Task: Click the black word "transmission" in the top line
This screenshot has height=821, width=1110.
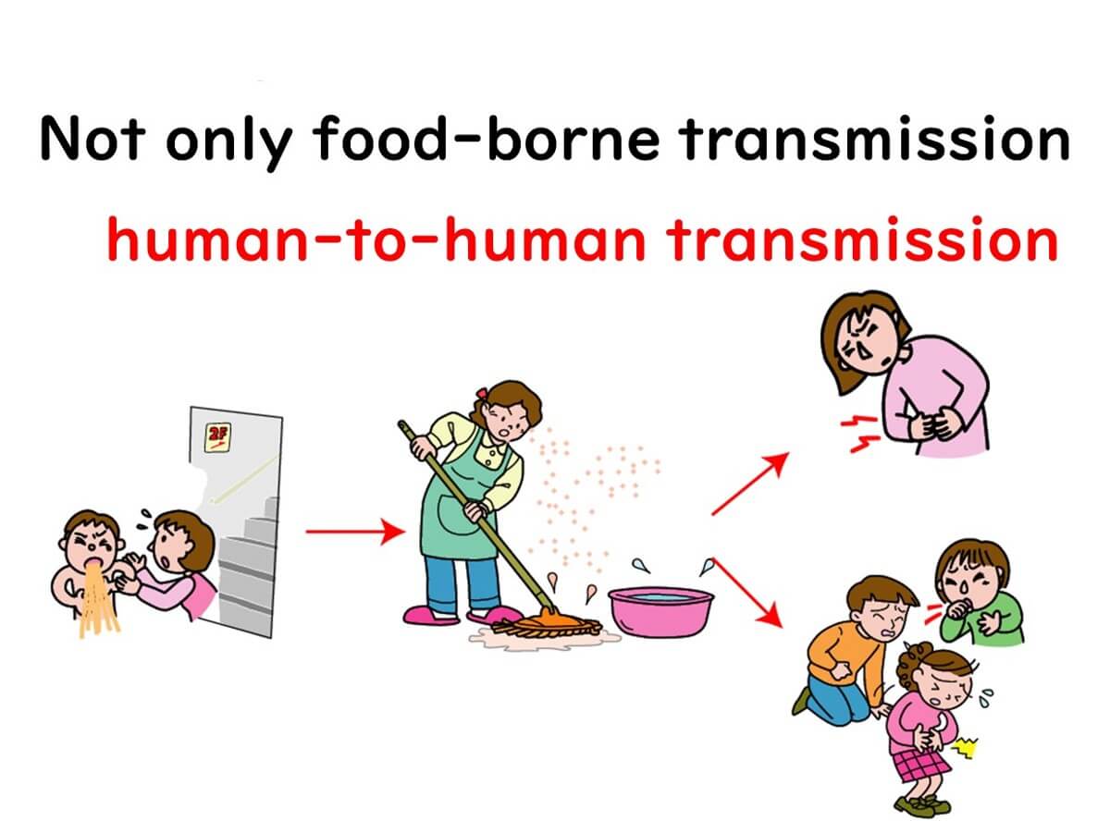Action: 874,138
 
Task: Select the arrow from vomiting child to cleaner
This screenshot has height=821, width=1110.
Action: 355,532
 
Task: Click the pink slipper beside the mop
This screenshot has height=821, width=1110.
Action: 430,614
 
